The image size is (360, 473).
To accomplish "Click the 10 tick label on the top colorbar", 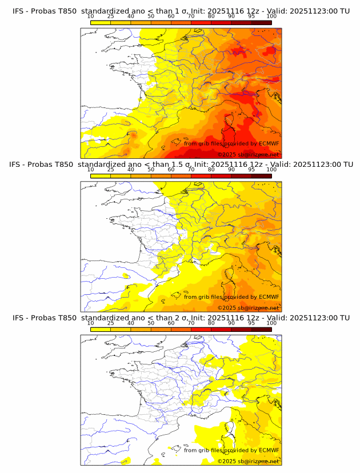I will coord(90,17).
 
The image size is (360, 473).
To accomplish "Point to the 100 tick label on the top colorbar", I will coord(271,17).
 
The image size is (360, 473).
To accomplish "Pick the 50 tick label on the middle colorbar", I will coord(151,170).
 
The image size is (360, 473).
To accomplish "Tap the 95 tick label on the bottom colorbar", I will coord(251,323).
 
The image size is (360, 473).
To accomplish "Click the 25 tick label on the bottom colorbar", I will coord(110,323).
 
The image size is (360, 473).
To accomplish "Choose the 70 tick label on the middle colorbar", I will coord(191,170).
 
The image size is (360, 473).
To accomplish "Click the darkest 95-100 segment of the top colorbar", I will coord(261,22).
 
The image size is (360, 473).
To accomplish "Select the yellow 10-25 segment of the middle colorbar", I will coord(100,175).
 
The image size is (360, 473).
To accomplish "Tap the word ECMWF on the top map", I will coord(269,143).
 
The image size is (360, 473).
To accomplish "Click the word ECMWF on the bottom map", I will coord(269,450).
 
